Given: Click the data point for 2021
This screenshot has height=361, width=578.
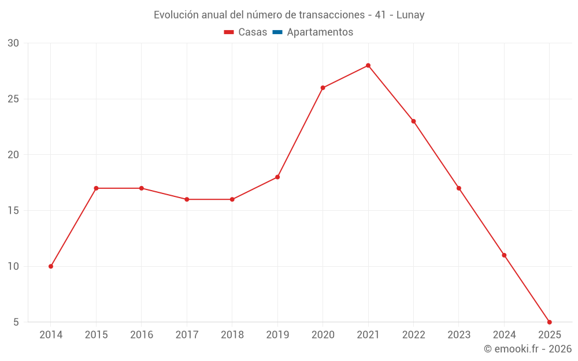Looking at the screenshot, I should (368, 65).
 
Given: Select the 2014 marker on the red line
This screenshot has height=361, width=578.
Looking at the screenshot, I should (51, 266).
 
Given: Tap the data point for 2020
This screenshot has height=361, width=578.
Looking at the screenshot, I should (323, 88).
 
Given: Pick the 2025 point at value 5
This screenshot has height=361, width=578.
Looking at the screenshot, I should (549, 322).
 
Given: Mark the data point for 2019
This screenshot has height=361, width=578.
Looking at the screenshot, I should (277, 177).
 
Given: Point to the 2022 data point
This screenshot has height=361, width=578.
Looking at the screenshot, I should (413, 121).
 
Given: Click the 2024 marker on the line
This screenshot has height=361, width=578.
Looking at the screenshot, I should (504, 255).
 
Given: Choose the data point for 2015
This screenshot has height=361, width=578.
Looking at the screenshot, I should (96, 188).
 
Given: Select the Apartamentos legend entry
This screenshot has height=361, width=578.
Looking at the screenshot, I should (320, 32).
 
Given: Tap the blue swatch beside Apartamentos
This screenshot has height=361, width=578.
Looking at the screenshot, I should (277, 32).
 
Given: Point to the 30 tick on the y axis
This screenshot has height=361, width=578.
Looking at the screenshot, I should (13, 43).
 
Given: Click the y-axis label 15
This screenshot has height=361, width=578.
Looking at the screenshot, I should (13, 210).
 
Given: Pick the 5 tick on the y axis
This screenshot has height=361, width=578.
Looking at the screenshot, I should (16, 322).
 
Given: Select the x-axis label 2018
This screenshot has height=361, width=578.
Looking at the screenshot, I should (232, 335).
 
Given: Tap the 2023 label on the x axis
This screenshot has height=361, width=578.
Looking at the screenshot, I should (459, 335).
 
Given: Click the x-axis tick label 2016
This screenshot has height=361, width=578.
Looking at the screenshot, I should (142, 335).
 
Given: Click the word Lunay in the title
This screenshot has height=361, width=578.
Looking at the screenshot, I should (410, 15).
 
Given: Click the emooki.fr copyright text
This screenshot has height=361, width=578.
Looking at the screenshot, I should (527, 349).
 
